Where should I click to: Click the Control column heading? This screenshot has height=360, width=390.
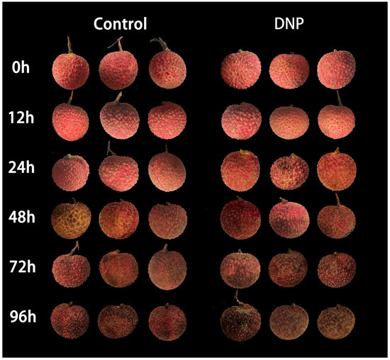click(x=121, y=24)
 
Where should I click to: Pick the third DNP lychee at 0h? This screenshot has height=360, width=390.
click(x=337, y=71)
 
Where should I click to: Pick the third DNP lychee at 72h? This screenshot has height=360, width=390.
click(x=337, y=269)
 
